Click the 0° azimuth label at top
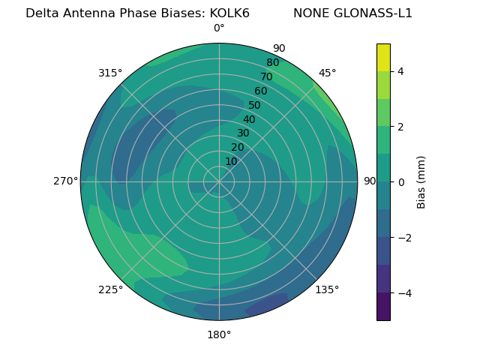tap(219, 28)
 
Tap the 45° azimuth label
tap(328, 73)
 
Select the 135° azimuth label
tap(327, 289)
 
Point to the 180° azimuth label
tap(219, 334)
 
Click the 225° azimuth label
tap(110, 289)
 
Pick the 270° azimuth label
tap(65, 181)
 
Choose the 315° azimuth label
tap(110, 73)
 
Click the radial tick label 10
tap(231, 161)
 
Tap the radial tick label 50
tap(255, 106)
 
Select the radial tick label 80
tap(273, 63)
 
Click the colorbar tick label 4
tap(400, 71)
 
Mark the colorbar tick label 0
tap(400, 181)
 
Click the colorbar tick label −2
tap(403, 237)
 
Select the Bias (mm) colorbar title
tap(421, 181)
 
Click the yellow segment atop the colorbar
tap(383, 57)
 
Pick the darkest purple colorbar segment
tap(383, 306)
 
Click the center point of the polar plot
tap(219, 181)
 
